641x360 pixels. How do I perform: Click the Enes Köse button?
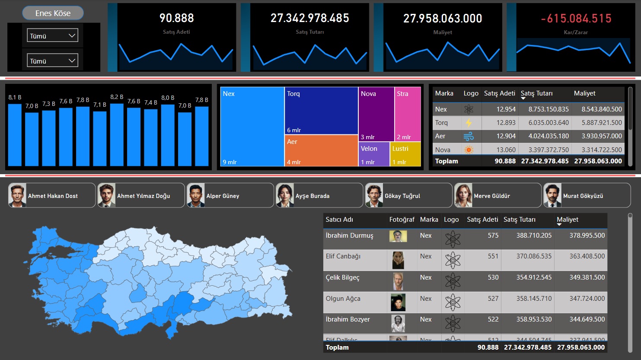pos(53,13)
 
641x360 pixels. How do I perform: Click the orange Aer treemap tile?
pos(321,151)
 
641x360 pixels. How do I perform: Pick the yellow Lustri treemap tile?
pos(405,154)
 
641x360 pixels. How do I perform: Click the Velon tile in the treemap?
pos(374,154)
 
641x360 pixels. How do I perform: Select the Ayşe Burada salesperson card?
pos(319,195)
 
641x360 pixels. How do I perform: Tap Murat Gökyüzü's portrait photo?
pos(552,195)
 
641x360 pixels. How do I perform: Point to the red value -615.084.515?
pos(576,19)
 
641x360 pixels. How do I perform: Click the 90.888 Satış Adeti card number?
pos(176,18)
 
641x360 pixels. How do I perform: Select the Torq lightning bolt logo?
pos(469,123)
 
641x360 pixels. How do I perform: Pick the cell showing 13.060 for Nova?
pos(506,150)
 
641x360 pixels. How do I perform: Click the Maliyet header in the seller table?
pos(568,220)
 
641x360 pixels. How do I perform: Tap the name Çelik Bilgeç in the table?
pos(342,277)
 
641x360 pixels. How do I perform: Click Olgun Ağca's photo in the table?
pos(398,303)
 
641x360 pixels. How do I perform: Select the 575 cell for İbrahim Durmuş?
pos(493,236)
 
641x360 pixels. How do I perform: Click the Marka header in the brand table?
pos(444,93)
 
